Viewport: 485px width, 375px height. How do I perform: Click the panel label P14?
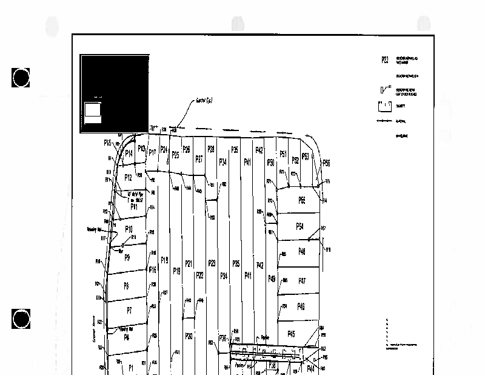(128, 154)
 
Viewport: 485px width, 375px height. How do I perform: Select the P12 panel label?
(128, 178)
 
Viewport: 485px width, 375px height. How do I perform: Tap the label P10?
(129, 229)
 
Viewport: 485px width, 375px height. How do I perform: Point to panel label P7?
(129, 310)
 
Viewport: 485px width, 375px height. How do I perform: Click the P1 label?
(130, 367)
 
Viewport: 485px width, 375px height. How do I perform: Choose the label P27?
(199, 159)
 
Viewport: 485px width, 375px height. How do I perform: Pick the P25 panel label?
(175, 155)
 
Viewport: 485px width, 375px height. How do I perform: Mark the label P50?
(271, 163)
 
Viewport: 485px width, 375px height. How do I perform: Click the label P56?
(326, 163)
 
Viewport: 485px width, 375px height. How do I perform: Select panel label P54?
(299, 226)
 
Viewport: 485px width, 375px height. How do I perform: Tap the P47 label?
(301, 281)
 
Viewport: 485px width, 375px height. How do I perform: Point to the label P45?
(291, 334)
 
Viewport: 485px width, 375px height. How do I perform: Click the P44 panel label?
(310, 368)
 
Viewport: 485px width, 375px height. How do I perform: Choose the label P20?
(189, 336)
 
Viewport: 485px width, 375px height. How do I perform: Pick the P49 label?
(272, 279)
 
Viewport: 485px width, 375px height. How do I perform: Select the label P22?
(199, 275)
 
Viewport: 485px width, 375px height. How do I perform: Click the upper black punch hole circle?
(21, 78)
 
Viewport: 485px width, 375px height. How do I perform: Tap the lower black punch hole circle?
(21, 319)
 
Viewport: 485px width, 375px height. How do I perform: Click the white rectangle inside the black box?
(92, 110)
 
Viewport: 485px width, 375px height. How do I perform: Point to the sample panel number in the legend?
(385, 60)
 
